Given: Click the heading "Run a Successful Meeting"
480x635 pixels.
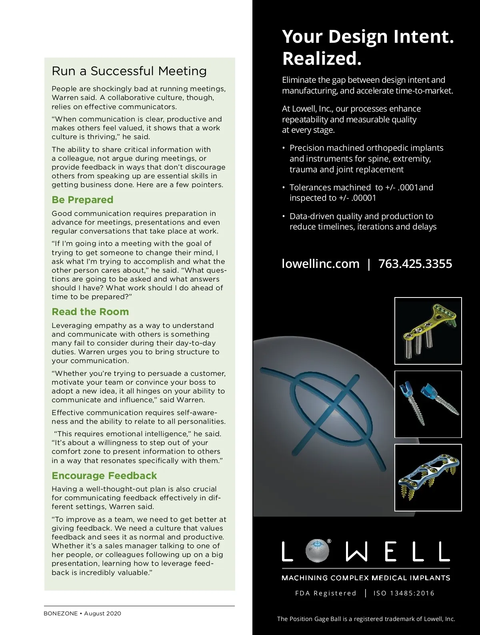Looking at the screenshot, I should click(x=129, y=71).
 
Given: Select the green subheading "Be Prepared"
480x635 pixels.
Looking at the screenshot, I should click(x=82, y=200).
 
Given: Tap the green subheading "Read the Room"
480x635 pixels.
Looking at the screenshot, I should click(x=90, y=312).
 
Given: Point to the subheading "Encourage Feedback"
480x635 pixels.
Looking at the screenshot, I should click(x=104, y=476).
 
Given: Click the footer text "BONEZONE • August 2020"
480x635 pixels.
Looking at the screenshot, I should click(x=82, y=613).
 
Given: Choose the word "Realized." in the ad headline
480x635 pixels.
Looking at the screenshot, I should click(x=322, y=58).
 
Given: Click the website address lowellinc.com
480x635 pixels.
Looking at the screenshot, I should click(x=321, y=264).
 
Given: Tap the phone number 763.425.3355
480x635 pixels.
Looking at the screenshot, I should click(x=415, y=264).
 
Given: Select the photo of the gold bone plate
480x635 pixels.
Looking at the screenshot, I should click(x=428, y=331).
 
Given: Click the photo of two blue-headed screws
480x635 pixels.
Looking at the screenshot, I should click(x=428, y=404).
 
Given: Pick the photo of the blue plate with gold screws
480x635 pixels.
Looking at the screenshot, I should click(x=428, y=477).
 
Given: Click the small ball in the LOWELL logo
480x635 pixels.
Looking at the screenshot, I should click(x=317, y=551).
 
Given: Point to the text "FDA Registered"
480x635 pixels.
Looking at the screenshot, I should click(x=326, y=593).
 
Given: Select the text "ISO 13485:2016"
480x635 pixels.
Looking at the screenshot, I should click(x=404, y=593).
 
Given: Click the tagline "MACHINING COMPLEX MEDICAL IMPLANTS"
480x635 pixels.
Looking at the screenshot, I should click(x=366, y=578).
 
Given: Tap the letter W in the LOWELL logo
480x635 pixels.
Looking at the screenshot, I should click(x=356, y=552).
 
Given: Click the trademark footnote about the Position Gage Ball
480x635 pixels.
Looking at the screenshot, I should click(x=366, y=619).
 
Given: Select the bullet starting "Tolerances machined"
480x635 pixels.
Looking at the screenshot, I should click(x=361, y=193).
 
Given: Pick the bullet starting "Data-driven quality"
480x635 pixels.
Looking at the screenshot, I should click(x=363, y=222).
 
